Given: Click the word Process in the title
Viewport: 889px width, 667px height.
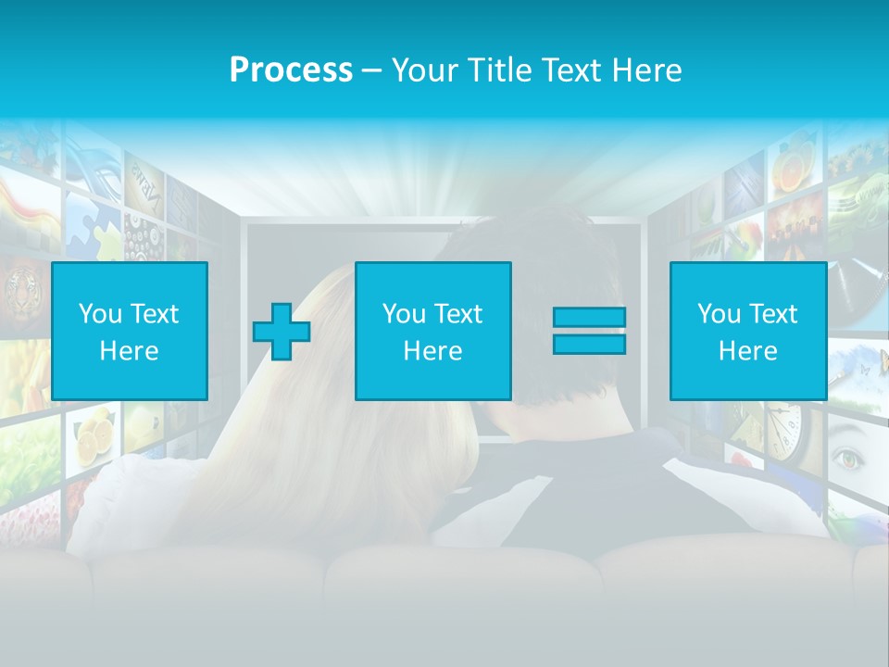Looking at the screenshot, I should (291, 70).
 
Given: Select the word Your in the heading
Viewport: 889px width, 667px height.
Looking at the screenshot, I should (425, 70).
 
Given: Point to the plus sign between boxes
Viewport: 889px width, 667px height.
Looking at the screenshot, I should (282, 332).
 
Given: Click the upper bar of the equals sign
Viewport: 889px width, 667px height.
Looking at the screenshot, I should (589, 318).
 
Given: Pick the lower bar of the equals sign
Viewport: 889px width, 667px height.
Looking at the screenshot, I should (589, 344).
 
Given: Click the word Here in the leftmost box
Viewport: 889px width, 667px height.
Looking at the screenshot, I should (129, 351).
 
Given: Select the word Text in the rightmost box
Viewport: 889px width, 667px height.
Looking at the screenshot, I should (772, 314).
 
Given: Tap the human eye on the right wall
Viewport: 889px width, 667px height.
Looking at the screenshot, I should (847, 457).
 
